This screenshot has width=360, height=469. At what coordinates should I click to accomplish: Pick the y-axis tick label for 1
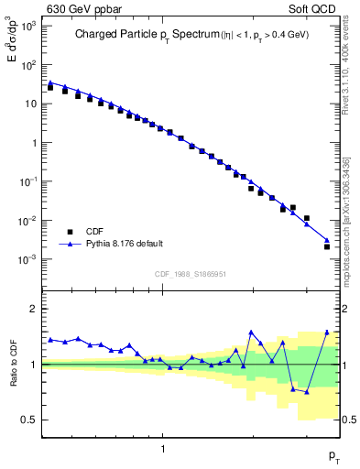[x=34, y=143]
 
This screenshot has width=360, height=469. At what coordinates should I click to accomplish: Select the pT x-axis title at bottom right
[x=334, y=455]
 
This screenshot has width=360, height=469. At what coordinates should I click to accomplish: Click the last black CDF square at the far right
[x=327, y=246]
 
